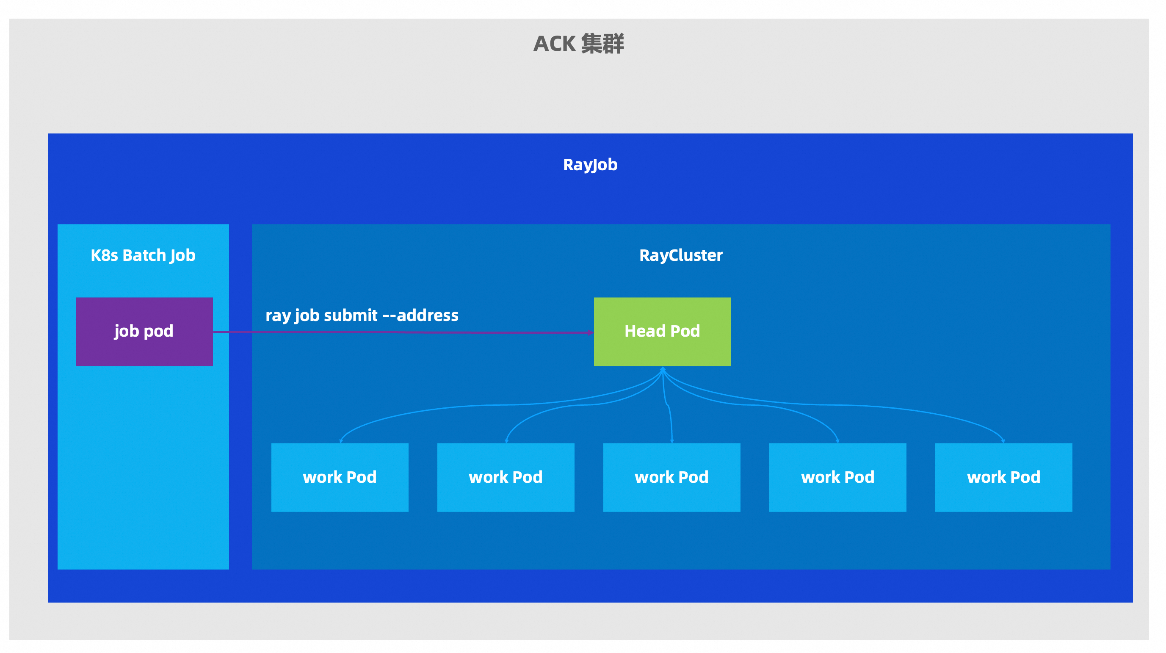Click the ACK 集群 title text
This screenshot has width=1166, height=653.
578,44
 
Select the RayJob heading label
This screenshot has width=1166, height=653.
590,165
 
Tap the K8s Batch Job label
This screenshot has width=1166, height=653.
143,255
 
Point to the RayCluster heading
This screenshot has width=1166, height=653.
680,255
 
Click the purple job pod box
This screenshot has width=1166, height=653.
144,332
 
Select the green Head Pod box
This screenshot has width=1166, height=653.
662,332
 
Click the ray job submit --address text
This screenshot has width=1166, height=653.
362,315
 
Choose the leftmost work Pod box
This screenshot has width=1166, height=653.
340,477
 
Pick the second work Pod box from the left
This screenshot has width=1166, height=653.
506,477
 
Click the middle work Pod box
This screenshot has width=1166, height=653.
671,477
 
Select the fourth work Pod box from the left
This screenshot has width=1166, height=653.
837,477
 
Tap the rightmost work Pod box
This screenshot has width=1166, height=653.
1003,477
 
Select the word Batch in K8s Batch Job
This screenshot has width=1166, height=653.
144,255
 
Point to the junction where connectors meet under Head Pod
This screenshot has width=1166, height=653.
663,371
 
